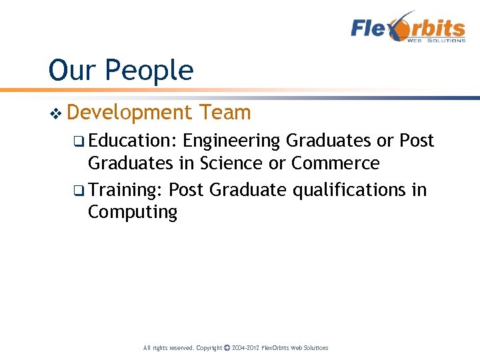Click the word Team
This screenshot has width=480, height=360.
click(224, 113)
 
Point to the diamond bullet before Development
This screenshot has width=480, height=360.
click(56, 113)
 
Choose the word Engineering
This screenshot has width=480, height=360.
click(231, 141)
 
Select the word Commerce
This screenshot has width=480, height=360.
click(335, 163)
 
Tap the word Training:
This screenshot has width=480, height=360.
click(125, 190)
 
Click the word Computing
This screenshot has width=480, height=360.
click(133, 213)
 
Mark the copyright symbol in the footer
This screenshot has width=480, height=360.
click(227, 348)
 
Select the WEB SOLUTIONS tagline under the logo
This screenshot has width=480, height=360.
click(437, 41)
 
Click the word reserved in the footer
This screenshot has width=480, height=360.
click(171, 348)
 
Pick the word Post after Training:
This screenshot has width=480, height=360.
click(186, 190)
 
